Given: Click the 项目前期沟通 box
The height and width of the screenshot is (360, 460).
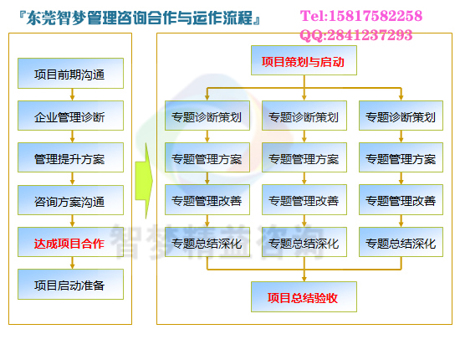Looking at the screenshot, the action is pos(70,73).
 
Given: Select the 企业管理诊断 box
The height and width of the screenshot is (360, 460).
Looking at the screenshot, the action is pos(70,116).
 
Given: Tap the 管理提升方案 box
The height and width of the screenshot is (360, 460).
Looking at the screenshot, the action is pos(70,157).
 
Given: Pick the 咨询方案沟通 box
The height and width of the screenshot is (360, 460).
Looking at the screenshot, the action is pos(70,200).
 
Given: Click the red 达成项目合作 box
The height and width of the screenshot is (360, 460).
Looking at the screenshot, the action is pos(70,242).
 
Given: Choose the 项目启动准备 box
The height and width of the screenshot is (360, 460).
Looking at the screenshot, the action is pos(70,285).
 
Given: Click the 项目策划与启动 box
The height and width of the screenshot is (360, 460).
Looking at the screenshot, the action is pos(304,60).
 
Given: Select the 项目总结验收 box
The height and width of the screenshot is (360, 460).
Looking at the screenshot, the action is pos(304,297).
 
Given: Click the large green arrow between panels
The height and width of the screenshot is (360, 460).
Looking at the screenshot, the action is pos(144,181).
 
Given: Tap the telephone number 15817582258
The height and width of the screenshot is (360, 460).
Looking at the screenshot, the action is pos(376,16).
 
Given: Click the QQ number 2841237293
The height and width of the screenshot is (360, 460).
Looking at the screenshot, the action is pos(370,35).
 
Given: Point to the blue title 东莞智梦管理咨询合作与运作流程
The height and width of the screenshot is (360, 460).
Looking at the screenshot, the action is pos(140,18).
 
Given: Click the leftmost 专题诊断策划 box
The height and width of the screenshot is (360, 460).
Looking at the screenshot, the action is pos(207,116).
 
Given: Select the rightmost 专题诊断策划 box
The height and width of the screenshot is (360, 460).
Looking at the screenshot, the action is pos(401,116).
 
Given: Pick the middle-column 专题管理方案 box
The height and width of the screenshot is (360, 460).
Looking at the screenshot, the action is pos(304,157).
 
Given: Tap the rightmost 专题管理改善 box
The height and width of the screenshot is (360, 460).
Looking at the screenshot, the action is pos(401,199).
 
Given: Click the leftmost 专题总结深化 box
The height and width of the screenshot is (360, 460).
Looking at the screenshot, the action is pos(207,242).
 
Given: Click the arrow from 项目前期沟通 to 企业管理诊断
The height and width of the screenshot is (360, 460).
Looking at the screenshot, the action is pos(72,95).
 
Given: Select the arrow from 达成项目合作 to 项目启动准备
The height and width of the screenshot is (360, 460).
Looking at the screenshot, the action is pos(72,263).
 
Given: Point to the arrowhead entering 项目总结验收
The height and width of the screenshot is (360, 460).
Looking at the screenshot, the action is pos(304,279).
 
